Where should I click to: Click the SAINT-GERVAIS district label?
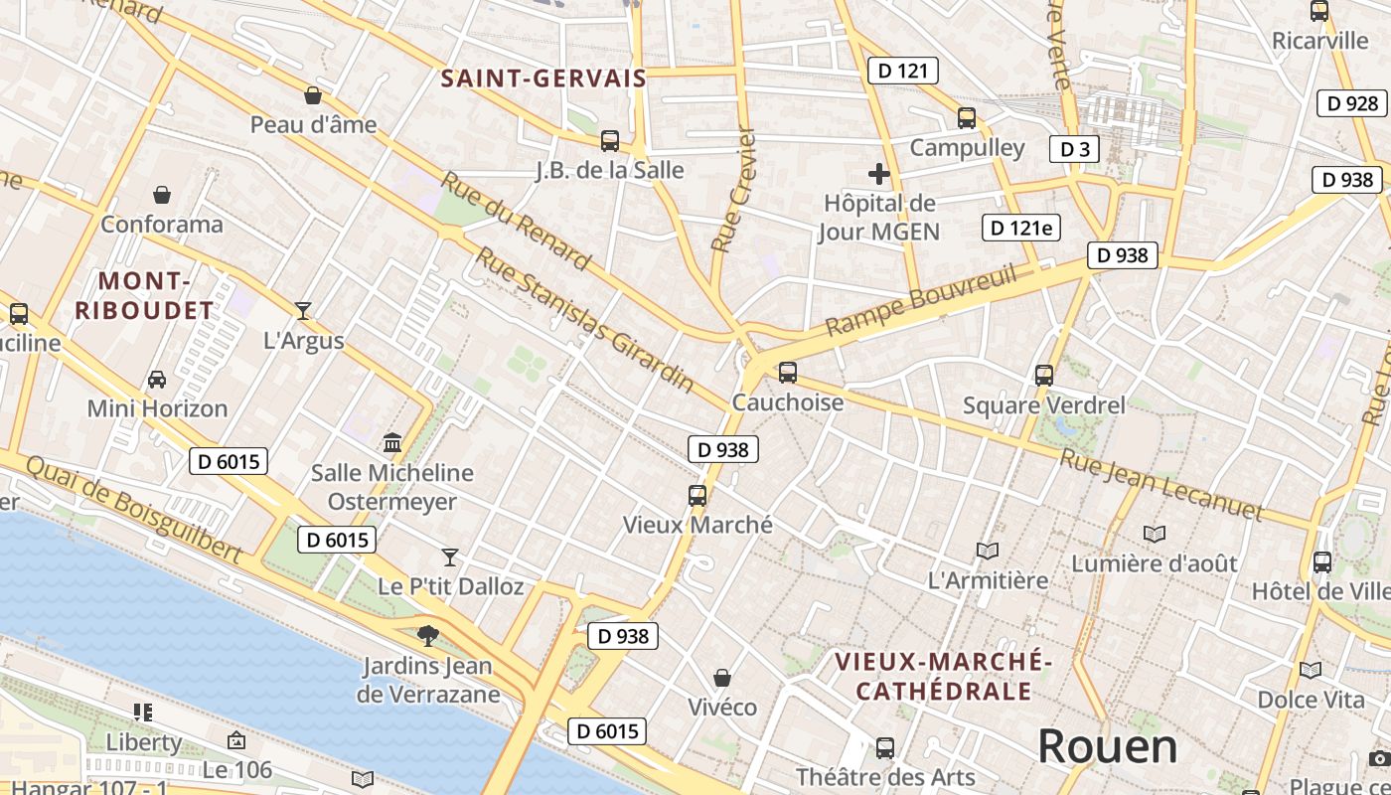(543, 79)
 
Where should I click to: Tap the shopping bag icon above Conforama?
(162, 195)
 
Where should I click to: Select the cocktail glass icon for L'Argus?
(303, 310)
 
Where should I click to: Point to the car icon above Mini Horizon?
(157, 379)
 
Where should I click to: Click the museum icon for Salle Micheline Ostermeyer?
(392, 442)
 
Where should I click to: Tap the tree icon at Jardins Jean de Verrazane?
(428, 634)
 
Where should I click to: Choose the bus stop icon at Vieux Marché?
(697, 495)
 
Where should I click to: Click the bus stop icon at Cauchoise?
(788, 373)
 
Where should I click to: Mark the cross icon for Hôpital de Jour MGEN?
(879, 174)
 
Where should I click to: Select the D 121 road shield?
(902, 70)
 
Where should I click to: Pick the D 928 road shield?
(1352, 102)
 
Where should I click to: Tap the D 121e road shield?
(1020, 228)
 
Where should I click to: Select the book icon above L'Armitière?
(987, 551)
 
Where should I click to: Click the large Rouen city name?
(1107, 746)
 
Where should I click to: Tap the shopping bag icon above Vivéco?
(722, 678)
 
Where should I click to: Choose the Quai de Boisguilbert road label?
(133, 510)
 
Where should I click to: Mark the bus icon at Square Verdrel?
(1043, 376)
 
